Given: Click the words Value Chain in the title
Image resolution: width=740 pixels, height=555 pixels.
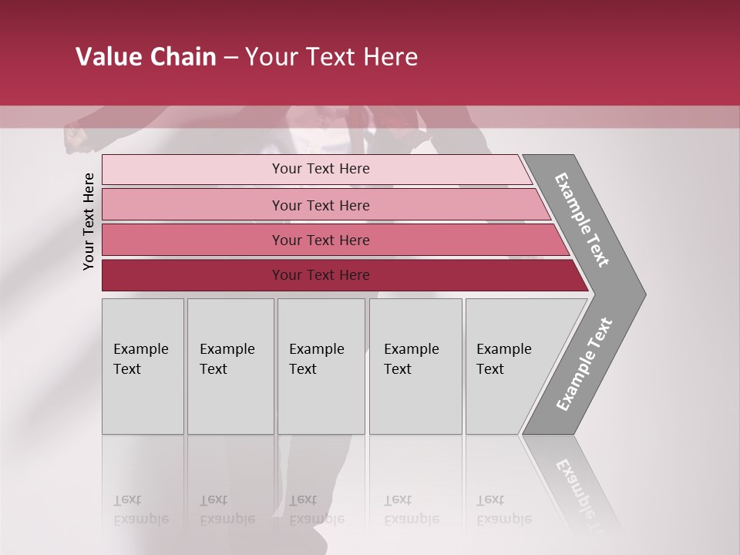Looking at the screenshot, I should (x=146, y=57).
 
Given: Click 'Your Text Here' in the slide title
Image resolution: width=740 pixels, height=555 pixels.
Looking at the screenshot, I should (x=331, y=57).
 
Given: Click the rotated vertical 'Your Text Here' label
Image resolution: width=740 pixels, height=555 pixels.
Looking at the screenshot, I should (x=89, y=221).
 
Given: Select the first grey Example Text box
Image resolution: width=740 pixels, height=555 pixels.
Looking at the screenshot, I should (x=143, y=366).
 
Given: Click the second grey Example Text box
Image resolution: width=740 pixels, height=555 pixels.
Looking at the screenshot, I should (x=230, y=366).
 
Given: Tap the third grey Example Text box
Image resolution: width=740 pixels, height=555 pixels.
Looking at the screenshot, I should (x=321, y=366).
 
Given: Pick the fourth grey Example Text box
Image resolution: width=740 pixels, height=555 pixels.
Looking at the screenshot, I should (x=415, y=366).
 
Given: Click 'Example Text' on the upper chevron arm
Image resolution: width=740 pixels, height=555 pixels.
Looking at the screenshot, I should (x=582, y=220).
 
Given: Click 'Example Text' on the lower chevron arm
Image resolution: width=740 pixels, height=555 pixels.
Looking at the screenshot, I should (x=584, y=365).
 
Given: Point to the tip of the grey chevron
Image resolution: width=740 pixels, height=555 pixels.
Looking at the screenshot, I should (x=644, y=294).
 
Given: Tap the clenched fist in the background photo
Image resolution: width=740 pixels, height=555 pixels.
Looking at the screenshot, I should (x=76, y=138).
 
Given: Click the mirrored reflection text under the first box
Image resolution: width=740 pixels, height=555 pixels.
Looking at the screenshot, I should (x=141, y=510).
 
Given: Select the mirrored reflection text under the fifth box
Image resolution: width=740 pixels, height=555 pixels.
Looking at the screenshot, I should (x=504, y=510).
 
